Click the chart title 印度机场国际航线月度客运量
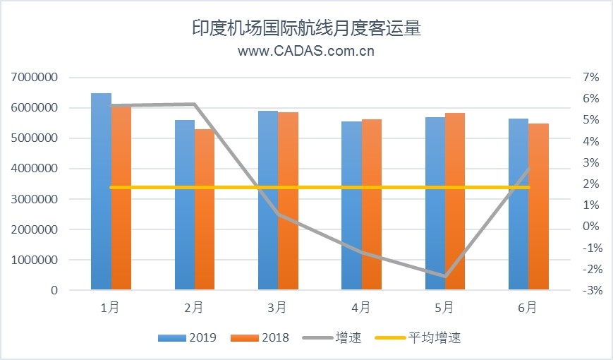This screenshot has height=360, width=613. (306, 28)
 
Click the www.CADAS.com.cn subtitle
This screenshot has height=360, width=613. (306, 51)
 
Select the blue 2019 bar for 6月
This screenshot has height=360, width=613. (518, 204)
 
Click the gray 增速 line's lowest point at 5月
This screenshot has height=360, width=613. (445, 276)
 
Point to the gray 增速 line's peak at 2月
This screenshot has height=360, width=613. (195, 104)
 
